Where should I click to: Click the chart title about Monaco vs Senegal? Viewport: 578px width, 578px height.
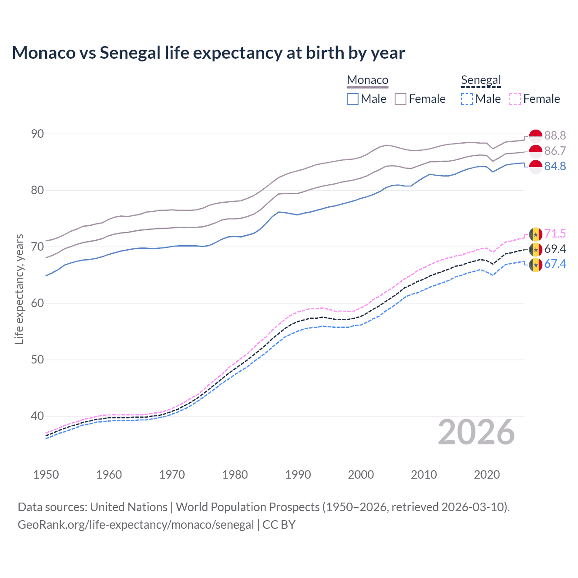[x=208, y=53]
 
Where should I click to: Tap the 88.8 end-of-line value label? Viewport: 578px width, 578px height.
[x=555, y=135]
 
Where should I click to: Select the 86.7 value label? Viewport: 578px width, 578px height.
[x=555, y=151]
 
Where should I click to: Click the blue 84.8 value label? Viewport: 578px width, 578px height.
[x=555, y=166]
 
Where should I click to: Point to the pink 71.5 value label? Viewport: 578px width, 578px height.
[x=555, y=233]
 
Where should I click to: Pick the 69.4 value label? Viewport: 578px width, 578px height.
[x=555, y=249]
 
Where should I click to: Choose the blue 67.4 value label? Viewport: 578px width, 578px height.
[x=555, y=264]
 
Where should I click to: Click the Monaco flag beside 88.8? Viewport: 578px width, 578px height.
[x=536, y=135]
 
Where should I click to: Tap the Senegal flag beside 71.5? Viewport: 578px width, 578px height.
[x=536, y=234]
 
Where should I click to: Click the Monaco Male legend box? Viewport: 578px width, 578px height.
[x=353, y=99]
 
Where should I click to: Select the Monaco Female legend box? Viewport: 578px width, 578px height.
[x=401, y=99]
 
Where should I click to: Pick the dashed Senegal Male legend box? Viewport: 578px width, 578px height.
[x=467, y=99]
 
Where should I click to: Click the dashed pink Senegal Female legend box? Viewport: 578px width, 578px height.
[x=515, y=99]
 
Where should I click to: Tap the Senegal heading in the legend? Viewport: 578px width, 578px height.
[x=481, y=80]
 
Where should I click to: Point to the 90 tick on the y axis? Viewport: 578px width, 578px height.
[x=37, y=134]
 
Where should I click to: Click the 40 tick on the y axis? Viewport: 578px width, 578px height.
[x=37, y=416]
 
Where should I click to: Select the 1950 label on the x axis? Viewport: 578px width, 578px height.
[x=46, y=475]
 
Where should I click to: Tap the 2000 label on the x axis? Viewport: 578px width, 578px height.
[x=361, y=475]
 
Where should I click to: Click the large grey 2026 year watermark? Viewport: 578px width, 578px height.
[x=476, y=432]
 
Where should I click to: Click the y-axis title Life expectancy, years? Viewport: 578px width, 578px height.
[x=19, y=289]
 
